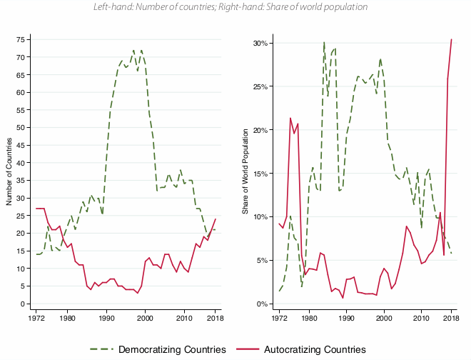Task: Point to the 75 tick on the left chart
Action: [x=21, y=40]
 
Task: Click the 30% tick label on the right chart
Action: [x=258, y=43]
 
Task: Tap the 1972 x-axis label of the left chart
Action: [x=35, y=317]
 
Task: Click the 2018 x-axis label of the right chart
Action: [x=451, y=317]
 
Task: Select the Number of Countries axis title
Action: [x=9, y=171]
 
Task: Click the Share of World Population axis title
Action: [x=245, y=171]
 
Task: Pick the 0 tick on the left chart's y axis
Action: [x=24, y=304]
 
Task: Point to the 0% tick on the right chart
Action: [x=260, y=304]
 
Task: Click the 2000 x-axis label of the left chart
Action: [x=146, y=317]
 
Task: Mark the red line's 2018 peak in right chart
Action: [x=451, y=39]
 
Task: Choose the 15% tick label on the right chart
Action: [x=258, y=174]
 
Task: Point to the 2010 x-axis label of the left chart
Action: [x=184, y=317]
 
